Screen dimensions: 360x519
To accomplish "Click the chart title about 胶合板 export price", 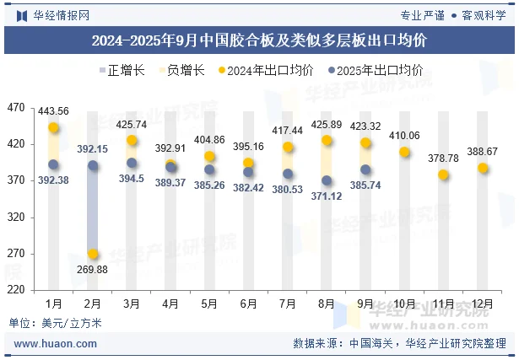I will pos(258,40).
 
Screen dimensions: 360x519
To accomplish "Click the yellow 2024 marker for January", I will pos(53,128).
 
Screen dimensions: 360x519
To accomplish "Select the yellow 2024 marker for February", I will pos(93,254).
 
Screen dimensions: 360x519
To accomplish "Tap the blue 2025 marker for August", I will pos(327,180).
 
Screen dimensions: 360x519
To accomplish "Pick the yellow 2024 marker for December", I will pos(483,168).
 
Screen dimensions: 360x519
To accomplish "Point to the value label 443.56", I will pos(53,111).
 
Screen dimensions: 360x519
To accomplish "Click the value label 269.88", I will pos(92,269).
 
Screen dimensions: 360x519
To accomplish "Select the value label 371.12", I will pos(327,196).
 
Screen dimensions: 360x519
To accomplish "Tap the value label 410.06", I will pos(404,136).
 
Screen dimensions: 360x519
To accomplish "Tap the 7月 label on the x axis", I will pos(288,304).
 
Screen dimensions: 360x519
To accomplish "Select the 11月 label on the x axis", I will pos(444,304).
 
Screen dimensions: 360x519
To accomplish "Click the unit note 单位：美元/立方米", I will pos(55,322).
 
